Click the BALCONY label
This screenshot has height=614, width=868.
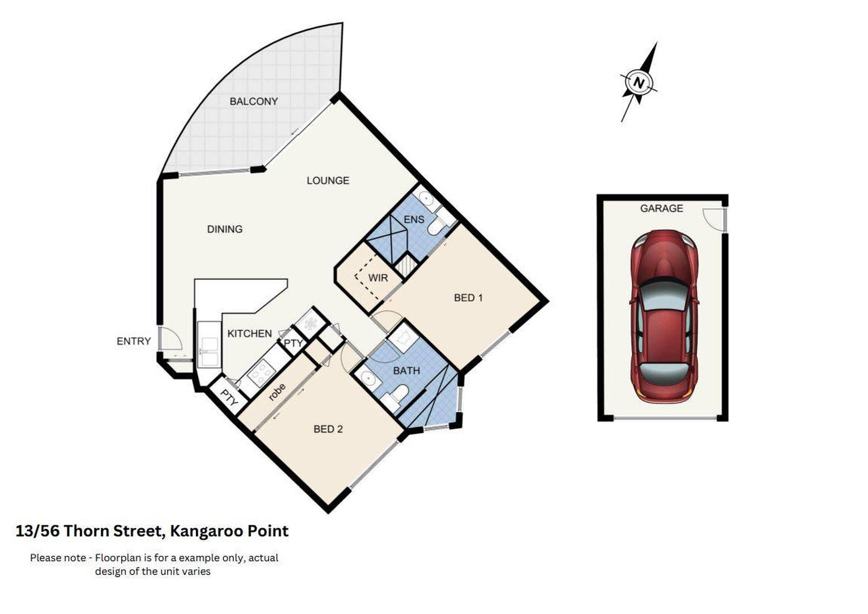pyautogui.click(x=254, y=101)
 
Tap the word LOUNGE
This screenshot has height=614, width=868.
pyautogui.click(x=328, y=180)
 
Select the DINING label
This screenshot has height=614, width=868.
pyautogui.click(x=225, y=229)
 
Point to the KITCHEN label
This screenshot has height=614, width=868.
pyautogui.click(x=250, y=334)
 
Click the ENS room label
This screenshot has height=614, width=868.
pyautogui.click(x=414, y=219)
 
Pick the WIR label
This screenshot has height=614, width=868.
pyautogui.click(x=378, y=278)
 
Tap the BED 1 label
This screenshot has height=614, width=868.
pyautogui.click(x=468, y=298)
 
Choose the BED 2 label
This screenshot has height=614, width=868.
pyautogui.click(x=328, y=429)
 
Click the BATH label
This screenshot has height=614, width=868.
pyautogui.click(x=406, y=371)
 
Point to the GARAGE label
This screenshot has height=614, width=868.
pyautogui.click(x=661, y=208)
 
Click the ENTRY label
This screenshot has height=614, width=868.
pyautogui.click(x=133, y=341)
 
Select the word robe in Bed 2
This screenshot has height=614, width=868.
pyautogui.click(x=277, y=392)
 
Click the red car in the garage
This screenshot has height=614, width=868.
pyautogui.click(x=664, y=316)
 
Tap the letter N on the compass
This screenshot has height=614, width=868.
pyautogui.click(x=639, y=83)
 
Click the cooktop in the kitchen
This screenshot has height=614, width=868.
pyautogui.click(x=261, y=373)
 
